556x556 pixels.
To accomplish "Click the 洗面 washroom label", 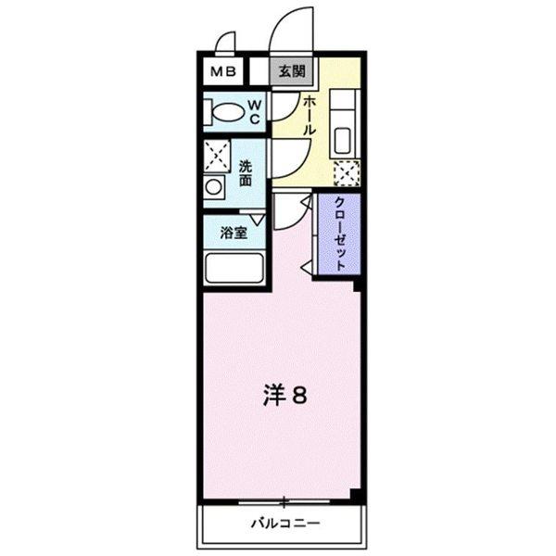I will (x=246, y=173).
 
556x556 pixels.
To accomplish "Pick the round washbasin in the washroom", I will (x=215, y=186).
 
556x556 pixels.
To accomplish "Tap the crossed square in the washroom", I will (x=217, y=155).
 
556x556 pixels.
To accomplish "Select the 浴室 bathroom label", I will (x=234, y=234).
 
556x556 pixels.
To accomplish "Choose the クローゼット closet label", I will (x=340, y=234).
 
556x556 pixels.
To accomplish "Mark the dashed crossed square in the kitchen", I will (x=347, y=172).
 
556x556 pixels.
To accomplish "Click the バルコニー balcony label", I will (x=285, y=524).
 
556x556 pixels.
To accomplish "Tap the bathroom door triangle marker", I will (x=259, y=219).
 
